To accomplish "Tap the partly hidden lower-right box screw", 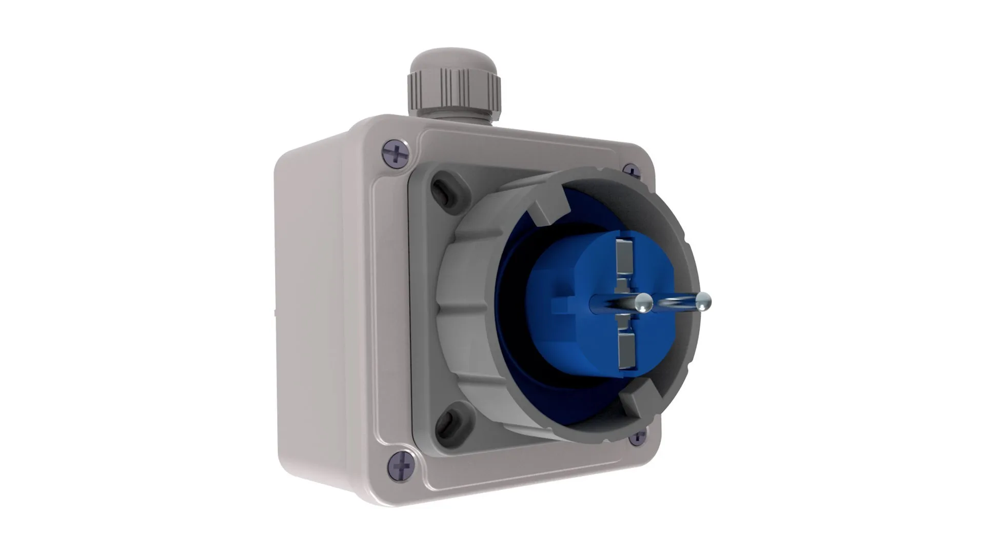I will [x=638, y=437].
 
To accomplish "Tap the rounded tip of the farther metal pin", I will [x=703, y=301].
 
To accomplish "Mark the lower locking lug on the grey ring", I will [x=636, y=405].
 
